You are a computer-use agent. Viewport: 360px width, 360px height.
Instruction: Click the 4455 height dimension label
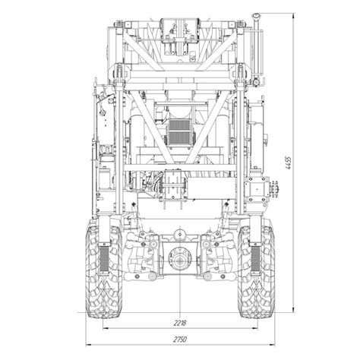click(288, 163)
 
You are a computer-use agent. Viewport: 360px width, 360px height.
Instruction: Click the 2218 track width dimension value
click(180, 323)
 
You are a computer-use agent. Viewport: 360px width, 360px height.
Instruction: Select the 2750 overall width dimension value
click(180, 339)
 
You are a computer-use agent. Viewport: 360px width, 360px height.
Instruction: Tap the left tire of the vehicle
click(104, 269)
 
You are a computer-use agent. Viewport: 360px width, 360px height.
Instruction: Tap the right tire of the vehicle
click(256, 269)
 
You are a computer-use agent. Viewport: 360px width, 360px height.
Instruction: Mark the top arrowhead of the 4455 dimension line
click(293, 16)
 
